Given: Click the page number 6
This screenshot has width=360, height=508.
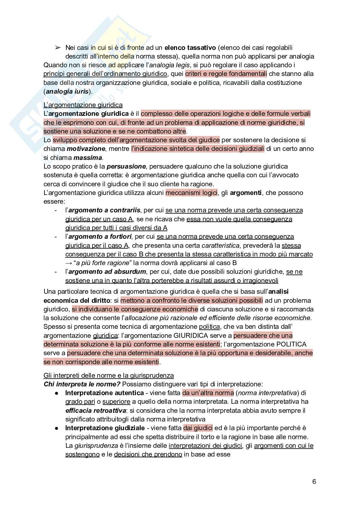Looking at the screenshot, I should (x=314, y=482).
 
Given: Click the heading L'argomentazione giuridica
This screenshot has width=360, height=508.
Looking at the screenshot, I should (x=83, y=105).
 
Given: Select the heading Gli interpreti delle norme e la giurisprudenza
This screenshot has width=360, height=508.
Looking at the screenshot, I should (x=109, y=375).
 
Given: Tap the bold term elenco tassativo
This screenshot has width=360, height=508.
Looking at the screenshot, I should (x=190, y=48).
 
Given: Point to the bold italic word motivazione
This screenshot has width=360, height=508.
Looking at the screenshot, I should (x=86, y=149).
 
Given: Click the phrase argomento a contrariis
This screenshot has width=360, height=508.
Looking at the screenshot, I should (x=104, y=210).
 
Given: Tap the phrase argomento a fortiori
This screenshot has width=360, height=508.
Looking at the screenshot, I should (x=100, y=236).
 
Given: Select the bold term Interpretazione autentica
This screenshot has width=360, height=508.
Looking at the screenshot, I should (x=104, y=393).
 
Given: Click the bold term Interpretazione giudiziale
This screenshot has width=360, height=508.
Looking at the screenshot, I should (x=105, y=428).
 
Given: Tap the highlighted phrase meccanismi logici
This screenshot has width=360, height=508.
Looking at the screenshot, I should (x=192, y=193).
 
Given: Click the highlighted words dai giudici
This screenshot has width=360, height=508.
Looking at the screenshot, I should (x=198, y=428).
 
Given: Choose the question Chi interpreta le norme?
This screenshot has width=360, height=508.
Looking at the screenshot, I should (x=82, y=384).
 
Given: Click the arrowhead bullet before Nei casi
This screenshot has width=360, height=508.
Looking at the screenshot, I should (x=58, y=48).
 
